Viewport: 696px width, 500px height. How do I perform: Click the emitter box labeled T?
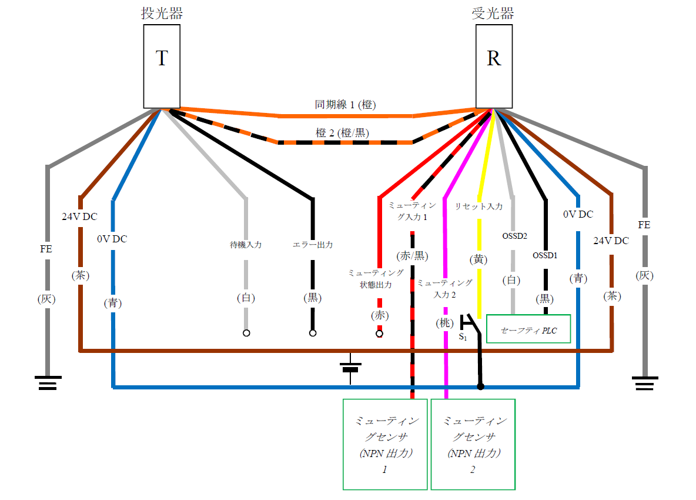[x=162, y=66]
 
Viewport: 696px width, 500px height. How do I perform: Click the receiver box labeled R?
[x=494, y=66]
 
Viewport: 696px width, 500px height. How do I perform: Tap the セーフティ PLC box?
[x=528, y=330]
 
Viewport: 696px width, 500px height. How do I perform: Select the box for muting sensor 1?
[x=385, y=444]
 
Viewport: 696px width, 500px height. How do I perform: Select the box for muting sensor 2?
[x=473, y=444]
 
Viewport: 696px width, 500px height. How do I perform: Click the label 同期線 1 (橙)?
[x=346, y=105]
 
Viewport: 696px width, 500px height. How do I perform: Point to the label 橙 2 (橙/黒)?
[x=343, y=133]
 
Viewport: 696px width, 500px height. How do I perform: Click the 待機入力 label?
[x=246, y=244]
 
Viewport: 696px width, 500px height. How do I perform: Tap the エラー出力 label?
[x=313, y=244]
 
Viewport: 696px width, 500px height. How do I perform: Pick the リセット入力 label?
[x=479, y=207]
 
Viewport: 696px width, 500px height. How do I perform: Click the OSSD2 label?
[x=514, y=236]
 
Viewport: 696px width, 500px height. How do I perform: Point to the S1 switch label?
[x=463, y=338]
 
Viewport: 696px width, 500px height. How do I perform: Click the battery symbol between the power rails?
[x=350, y=368]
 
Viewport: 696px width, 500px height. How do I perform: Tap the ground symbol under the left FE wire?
[x=48, y=383]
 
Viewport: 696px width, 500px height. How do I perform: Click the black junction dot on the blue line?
[x=480, y=387]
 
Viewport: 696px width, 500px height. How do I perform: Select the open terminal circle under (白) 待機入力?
[x=246, y=334]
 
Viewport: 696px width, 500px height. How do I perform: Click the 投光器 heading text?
[x=162, y=14]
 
